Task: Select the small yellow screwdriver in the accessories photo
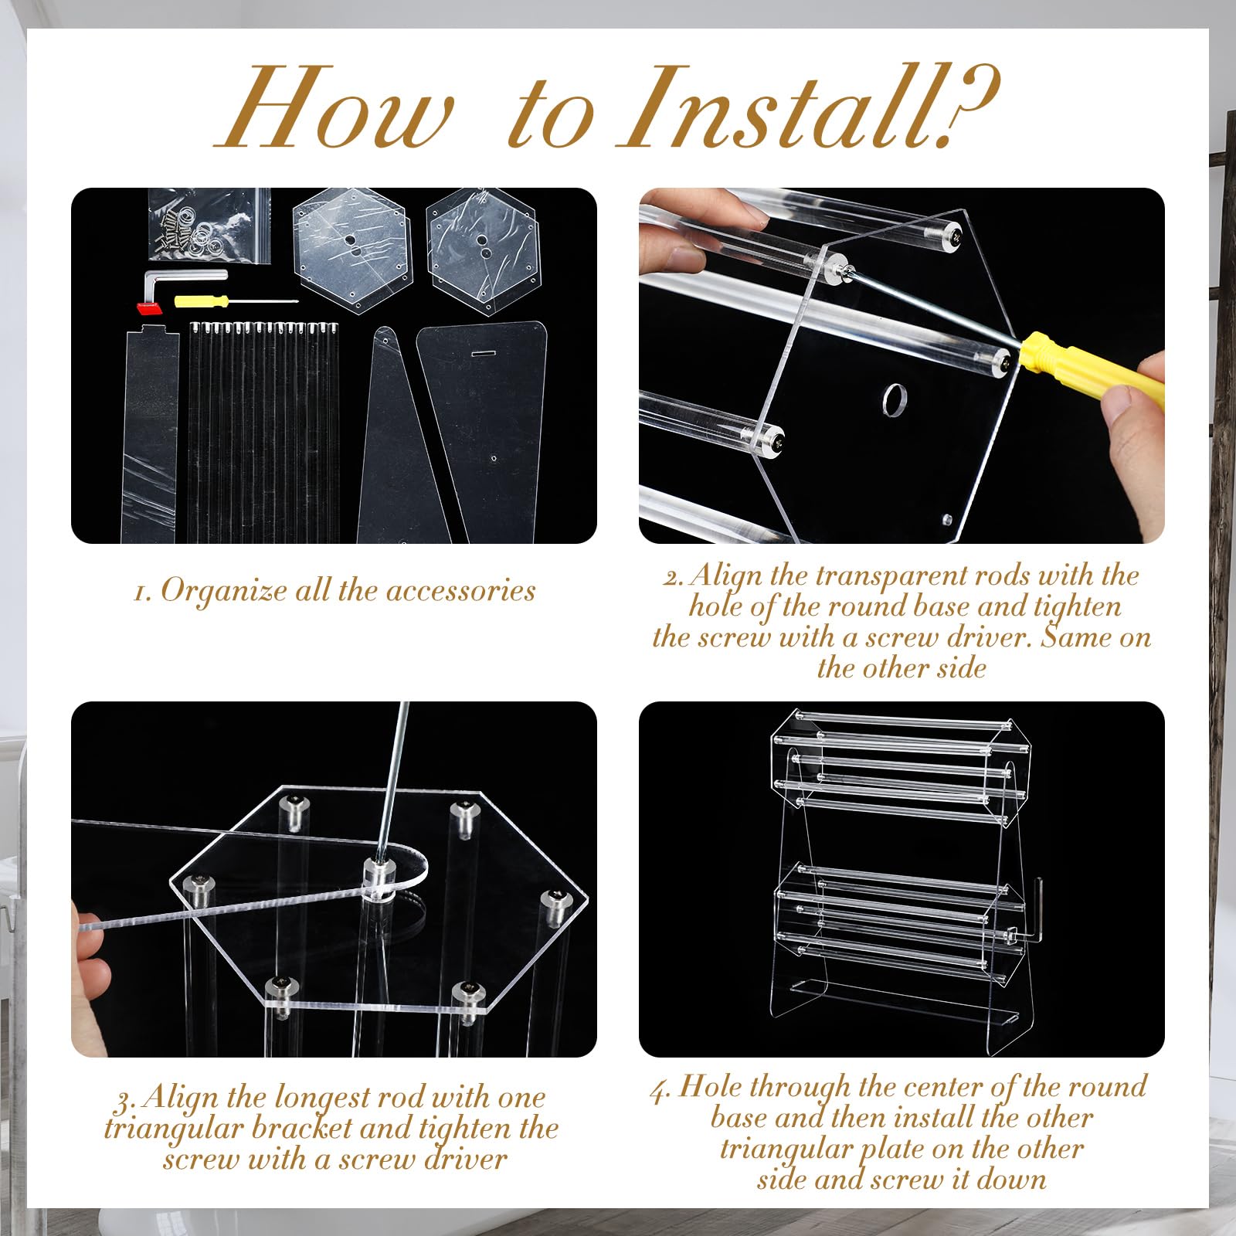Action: click(x=236, y=301)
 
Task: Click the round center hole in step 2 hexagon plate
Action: click(x=894, y=399)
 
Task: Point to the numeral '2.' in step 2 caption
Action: click(x=674, y=576)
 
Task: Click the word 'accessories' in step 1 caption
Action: click(x=460, y=591)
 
